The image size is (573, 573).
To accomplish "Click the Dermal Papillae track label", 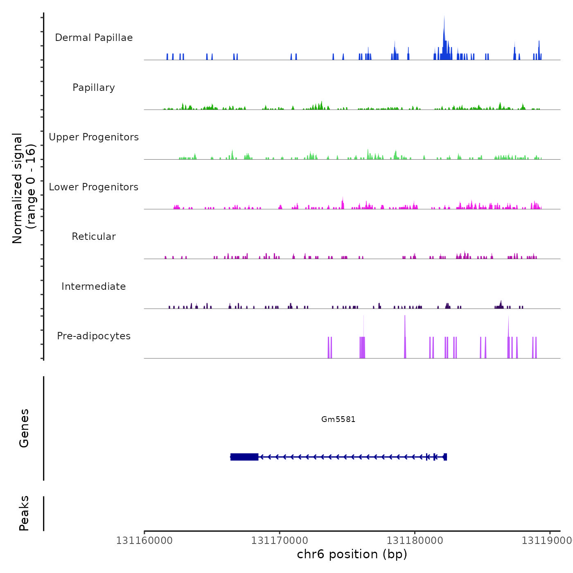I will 94,38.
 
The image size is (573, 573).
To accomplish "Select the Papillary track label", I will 94,88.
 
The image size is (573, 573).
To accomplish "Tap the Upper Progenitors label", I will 94,137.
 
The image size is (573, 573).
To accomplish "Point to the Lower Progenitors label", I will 94,187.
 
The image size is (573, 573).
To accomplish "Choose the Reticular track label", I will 94,237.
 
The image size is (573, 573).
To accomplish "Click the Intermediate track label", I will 94,286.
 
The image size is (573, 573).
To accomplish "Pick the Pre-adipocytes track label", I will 94,336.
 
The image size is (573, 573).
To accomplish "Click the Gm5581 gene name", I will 338,419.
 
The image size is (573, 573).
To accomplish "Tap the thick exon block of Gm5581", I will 244,457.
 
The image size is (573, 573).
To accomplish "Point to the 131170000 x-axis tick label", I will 280,541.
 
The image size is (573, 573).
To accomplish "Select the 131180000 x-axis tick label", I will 415,541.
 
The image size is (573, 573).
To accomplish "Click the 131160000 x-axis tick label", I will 144,541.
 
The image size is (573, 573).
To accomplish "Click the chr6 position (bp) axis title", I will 352,554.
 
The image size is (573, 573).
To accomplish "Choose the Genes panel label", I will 24,428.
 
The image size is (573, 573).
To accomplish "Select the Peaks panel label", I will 24,513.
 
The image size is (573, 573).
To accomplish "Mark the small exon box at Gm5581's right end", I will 445,457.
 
